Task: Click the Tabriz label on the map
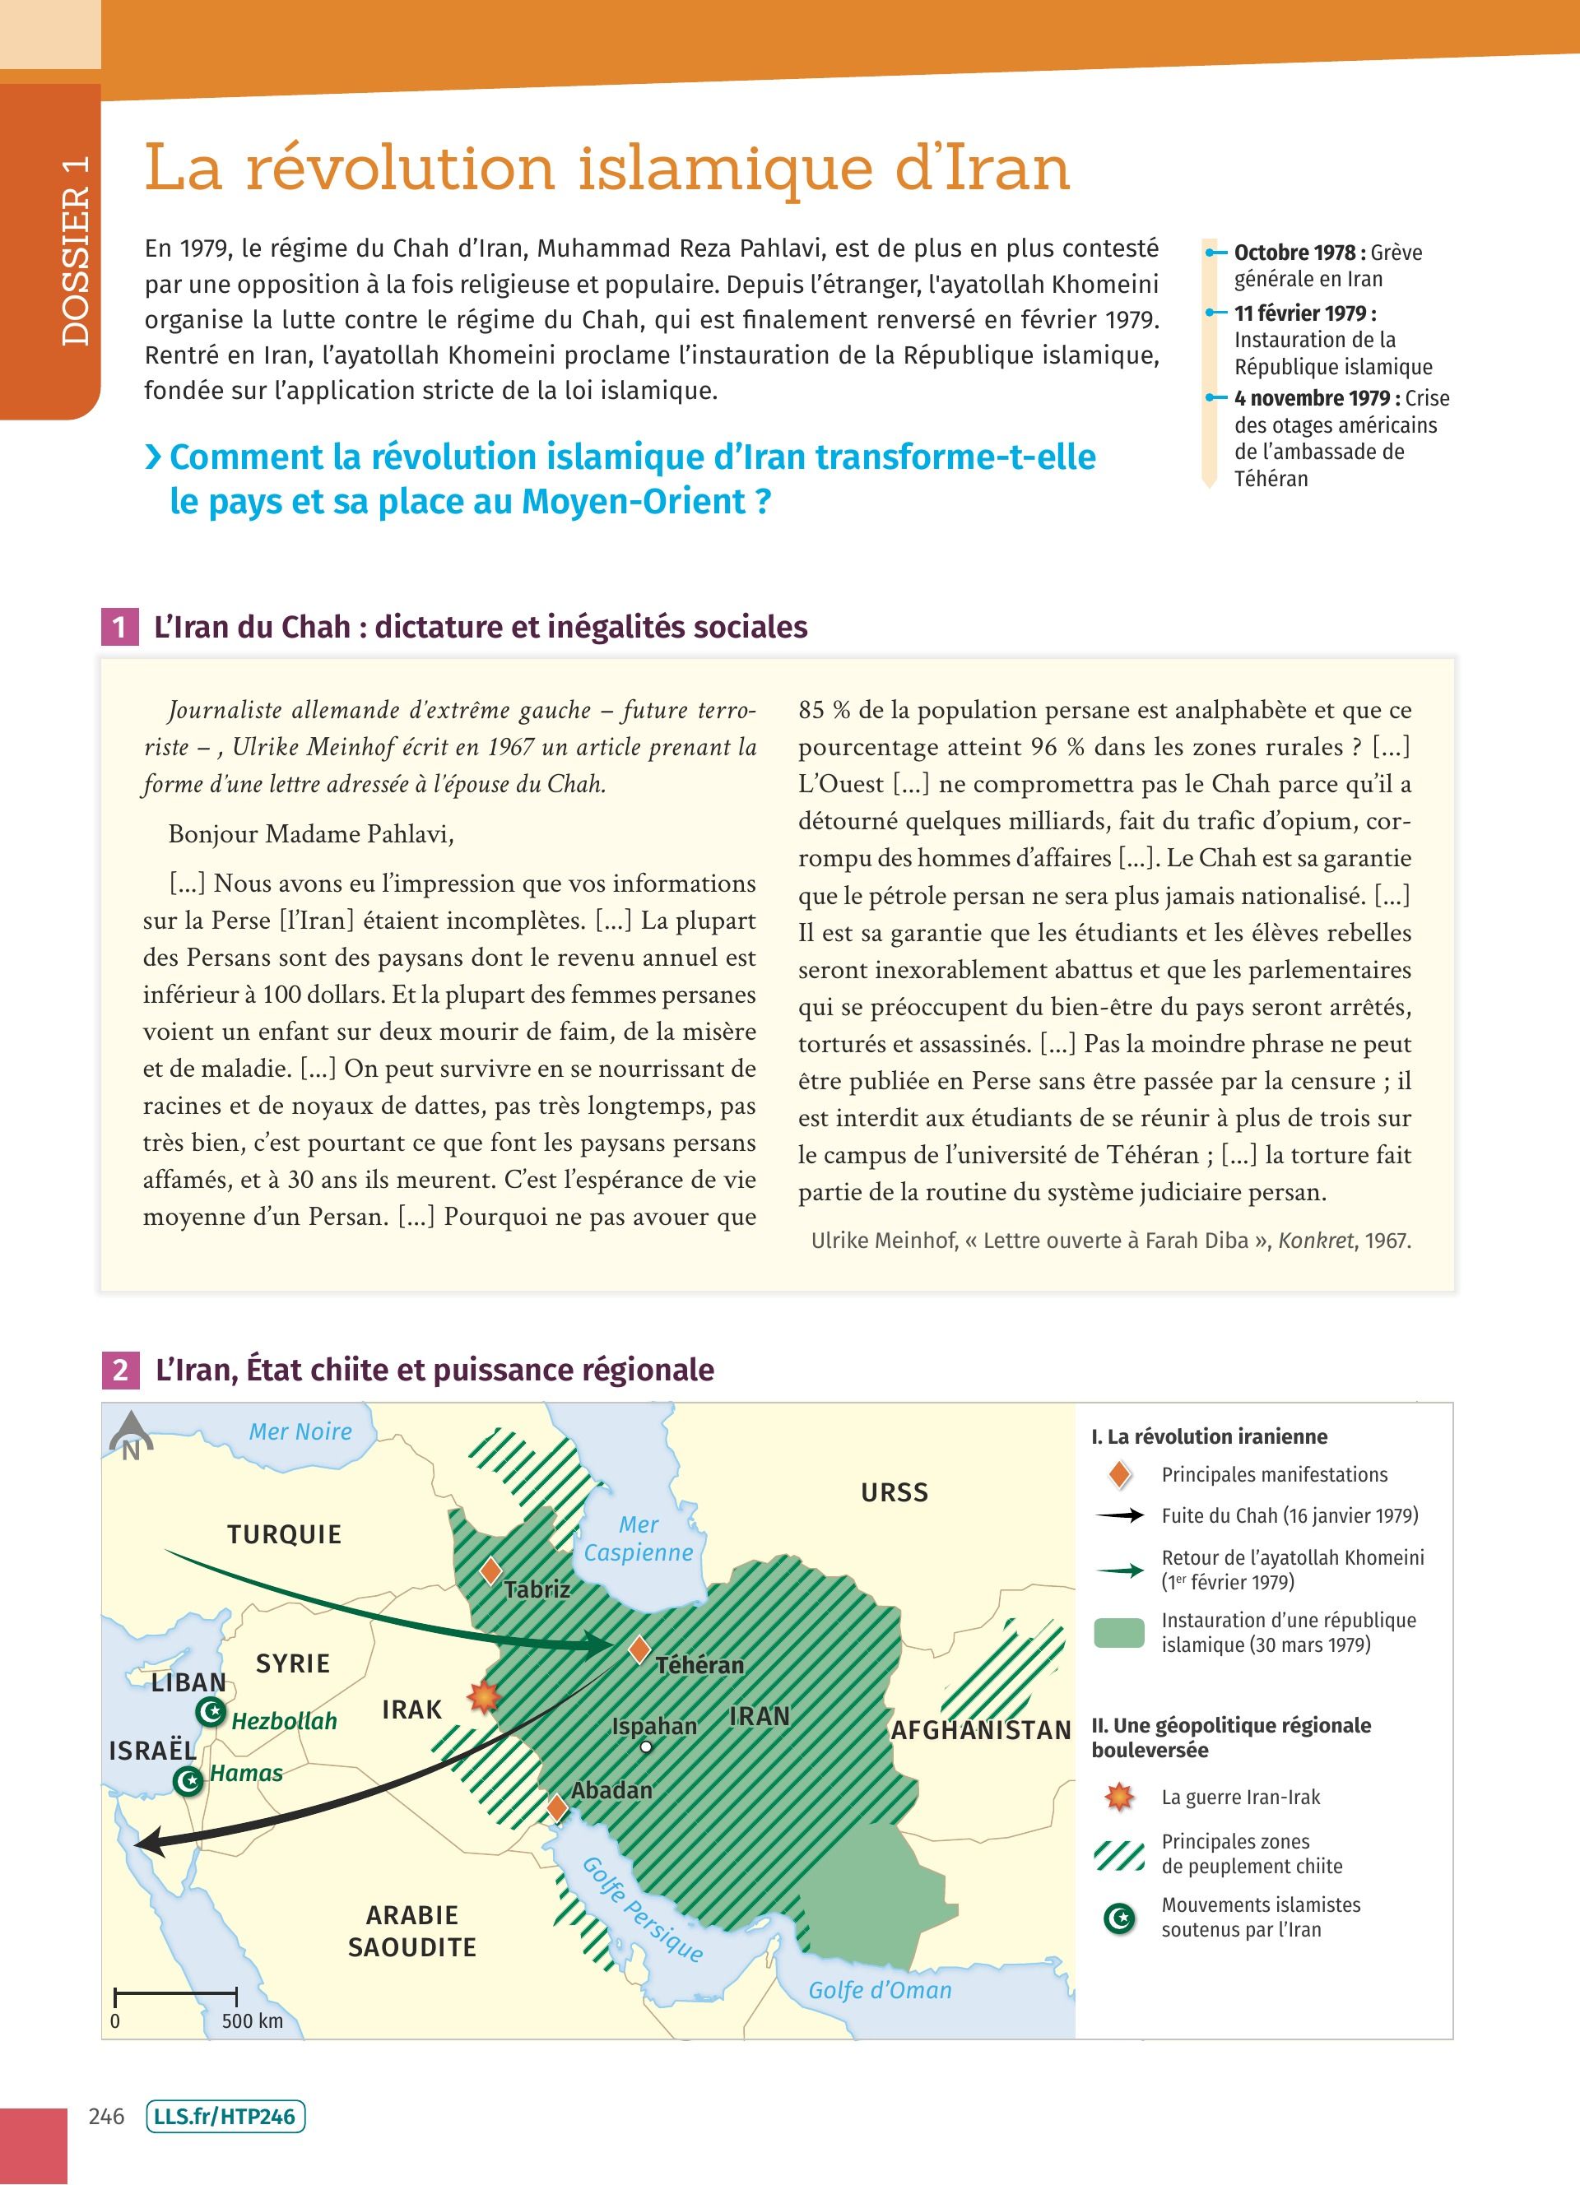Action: (537, 1589)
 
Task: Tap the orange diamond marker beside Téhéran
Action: (639, 1649)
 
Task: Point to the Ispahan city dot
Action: (647, 1747)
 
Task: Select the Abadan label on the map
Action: (611, 1790)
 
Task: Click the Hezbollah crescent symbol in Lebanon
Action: (210, 1712)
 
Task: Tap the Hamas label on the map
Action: (247, 1773)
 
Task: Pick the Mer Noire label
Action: (300, 1431)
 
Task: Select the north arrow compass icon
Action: (130, 1436)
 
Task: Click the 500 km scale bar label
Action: (253, 2020)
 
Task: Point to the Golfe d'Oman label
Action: (880, 1989)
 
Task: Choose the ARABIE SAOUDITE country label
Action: (411, 1931)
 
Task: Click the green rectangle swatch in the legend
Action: (1119, 1632)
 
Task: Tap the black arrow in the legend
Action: (1119, 1515)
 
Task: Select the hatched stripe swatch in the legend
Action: (1119, 1853)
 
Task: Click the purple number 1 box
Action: (119, 627)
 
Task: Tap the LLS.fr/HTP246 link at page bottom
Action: (225, 2117)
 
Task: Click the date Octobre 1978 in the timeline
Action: (1294, 253)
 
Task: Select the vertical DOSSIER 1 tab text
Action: (75, 250)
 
